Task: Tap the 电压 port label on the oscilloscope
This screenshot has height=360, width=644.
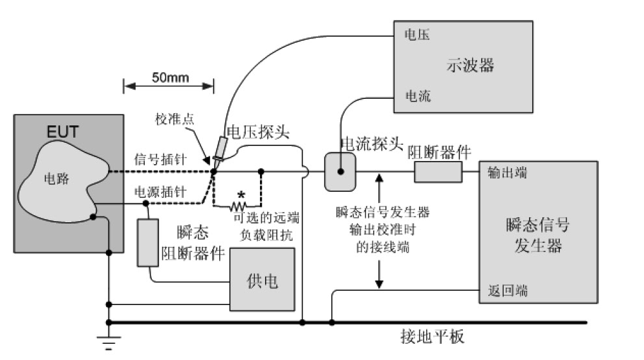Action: (x=416, y=32)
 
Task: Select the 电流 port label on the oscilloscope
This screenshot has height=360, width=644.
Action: (x=417, y=96)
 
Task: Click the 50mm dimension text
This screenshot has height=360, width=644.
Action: (x=170, y=78)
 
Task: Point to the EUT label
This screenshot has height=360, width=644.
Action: (x=62, y=132)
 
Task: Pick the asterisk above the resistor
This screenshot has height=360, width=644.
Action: (x=242, y=195)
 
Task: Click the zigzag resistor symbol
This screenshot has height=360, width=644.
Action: (x=237, y=206)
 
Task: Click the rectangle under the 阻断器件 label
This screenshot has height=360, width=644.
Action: (x=438, y=172)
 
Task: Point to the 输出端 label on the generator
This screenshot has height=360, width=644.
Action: (x=502, y=175)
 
